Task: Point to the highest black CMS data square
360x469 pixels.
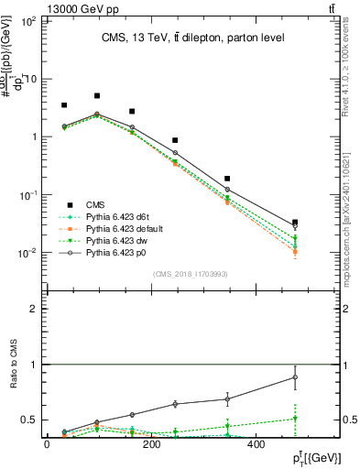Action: (x=97, y=95)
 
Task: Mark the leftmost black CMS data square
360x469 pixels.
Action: (x=64, y=106)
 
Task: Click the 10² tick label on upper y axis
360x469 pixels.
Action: (x=28, y=20)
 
